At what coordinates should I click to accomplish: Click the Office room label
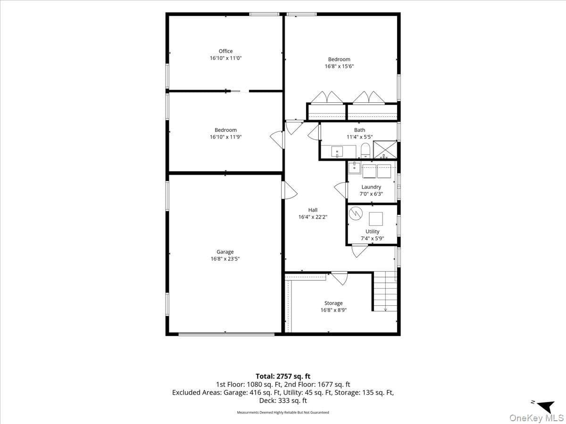[225, 51]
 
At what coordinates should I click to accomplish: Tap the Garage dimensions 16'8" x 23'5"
[225, 259]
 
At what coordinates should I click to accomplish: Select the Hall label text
[313, 210]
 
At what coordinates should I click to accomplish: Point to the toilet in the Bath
[365, 151]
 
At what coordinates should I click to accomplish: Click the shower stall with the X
[385, 149]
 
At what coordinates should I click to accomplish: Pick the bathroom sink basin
[337, 152]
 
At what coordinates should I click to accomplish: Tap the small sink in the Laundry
[355, 168]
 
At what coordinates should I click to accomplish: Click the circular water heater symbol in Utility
[356, 213]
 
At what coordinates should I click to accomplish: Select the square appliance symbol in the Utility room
[376, 219]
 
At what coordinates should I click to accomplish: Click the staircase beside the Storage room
[385, 291]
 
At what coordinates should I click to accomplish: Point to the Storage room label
[333, 303]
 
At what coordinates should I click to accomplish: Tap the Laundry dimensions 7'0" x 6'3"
[371, 194]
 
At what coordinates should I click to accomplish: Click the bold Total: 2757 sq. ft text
[283, 376]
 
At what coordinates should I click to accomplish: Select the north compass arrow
[546, 407]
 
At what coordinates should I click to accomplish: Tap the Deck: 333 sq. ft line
[283, 400]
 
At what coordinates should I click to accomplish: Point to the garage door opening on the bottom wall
[226, 334]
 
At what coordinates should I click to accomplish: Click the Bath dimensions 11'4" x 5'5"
[359, 137]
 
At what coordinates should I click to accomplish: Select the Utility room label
[372, 231]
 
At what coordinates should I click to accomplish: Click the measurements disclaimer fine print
[283, 412]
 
